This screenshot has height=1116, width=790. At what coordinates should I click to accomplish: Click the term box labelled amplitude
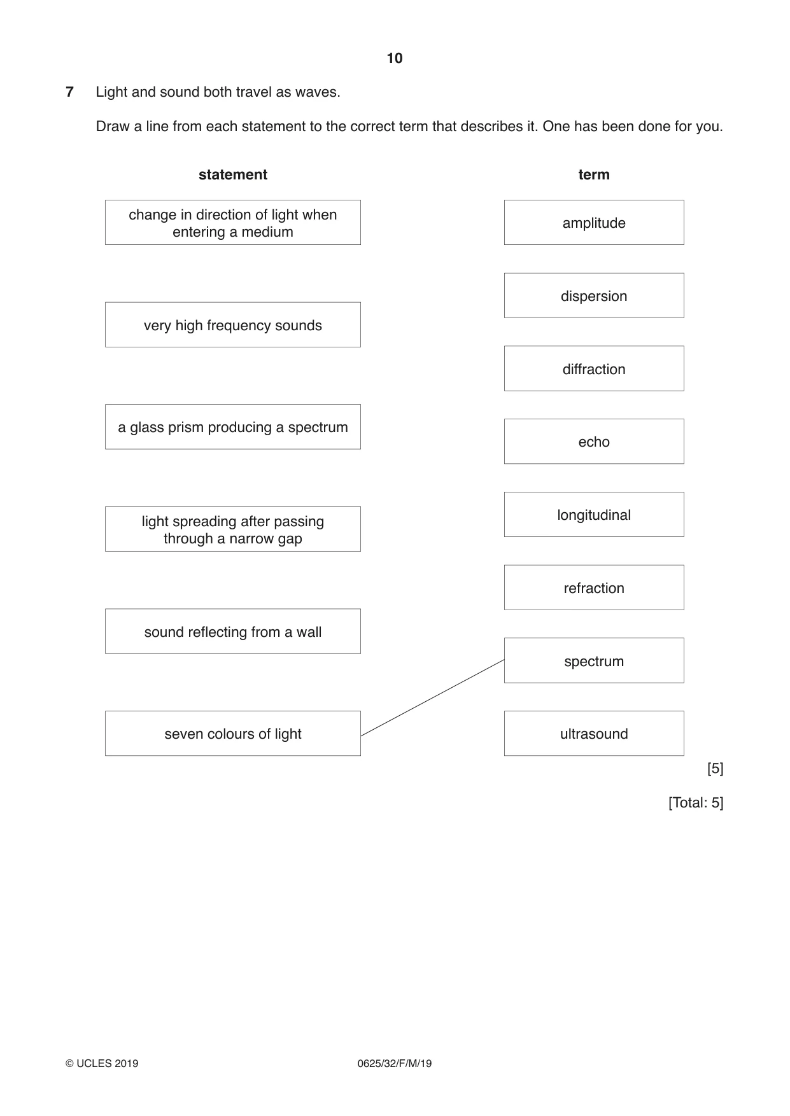coord(594,223)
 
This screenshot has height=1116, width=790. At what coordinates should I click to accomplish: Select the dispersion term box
coord(594,296)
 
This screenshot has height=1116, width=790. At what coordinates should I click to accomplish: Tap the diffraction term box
coord(594,368)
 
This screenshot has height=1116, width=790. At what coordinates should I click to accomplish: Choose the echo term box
coord(594,442)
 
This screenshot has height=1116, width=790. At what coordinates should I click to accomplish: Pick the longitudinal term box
coord(594,515)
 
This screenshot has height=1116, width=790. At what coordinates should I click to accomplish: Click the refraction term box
coord(594,587)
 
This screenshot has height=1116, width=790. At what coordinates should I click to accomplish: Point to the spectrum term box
coord(594,660)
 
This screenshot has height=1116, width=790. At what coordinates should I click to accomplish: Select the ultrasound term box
coord(594,734)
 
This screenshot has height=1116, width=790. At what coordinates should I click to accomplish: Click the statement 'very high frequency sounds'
coord(233,325)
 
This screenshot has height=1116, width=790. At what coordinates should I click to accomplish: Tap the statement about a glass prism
coord(233,427)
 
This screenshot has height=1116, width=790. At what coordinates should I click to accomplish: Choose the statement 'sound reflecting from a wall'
coord(233,631)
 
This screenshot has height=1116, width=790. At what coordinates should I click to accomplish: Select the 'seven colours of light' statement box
coord(233,734)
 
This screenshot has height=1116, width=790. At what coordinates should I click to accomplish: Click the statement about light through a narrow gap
coord(233,529)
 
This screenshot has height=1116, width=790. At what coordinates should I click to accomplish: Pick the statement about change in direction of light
coord(233,223)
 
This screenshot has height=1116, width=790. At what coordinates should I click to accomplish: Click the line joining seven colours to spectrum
coord(432,698)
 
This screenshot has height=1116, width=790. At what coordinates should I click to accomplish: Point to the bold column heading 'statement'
coord(233,174)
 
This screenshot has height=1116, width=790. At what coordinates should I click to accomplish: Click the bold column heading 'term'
coord(594,174)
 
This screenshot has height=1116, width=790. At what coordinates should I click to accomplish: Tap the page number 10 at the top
coord(395,59)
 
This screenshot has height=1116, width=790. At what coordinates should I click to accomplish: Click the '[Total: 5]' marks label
coord(696,803)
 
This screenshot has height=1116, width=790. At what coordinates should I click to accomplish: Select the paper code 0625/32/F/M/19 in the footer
coord(395,1063)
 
